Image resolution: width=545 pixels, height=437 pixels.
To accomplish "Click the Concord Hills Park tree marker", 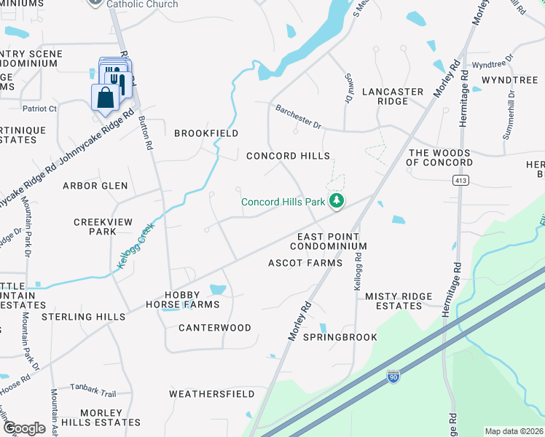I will click(x=336, y=201).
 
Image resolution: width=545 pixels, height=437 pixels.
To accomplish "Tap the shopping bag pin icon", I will click(x=105, y=98).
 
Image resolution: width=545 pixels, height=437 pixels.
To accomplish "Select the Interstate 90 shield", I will click(x=393, y=377).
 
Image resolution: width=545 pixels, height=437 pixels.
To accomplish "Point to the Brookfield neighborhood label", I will click(x=206, y=133).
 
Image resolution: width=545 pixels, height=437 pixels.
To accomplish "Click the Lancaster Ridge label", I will click(x=393, y=97).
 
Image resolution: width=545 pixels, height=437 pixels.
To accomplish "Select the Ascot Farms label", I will click(x=305, y=262).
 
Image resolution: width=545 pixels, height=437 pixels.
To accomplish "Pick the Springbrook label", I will click(x=340, y=337).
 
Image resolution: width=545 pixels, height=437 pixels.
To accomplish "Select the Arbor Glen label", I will click(x=95, y=186).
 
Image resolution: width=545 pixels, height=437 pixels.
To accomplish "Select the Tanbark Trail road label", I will click(x=93, y=393).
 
